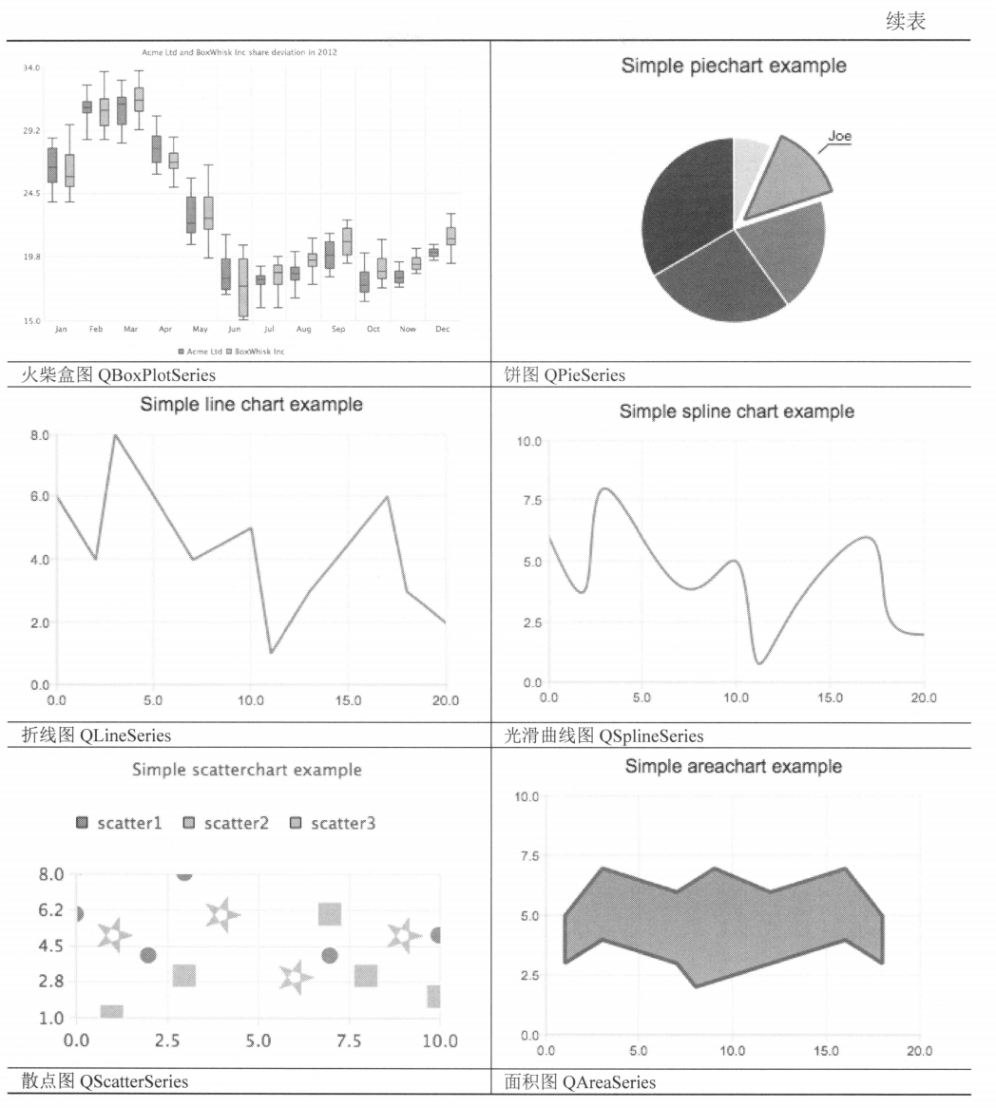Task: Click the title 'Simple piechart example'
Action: click(734, 66)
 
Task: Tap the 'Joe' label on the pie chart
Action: click(839, 136)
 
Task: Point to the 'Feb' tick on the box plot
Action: click(96, 329)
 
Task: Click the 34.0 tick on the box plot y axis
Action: click(30, 68)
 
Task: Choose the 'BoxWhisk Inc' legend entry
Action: click(259, 351)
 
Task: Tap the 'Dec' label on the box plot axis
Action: click(442, 329)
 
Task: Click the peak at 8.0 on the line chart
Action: click(115, 435)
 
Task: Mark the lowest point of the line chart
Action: click(271, 653)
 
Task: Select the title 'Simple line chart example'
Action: click(251, 405)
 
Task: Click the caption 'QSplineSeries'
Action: click(652, 735)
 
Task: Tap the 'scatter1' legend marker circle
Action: click(82, 823)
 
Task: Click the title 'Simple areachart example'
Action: click(734, 766)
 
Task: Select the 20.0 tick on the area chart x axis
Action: click(919, 1050)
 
